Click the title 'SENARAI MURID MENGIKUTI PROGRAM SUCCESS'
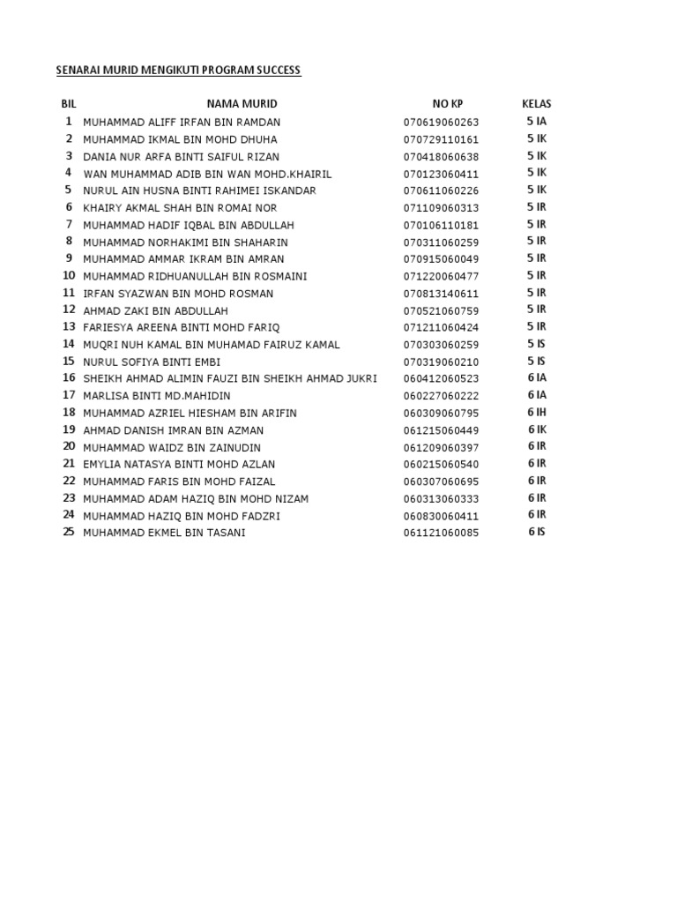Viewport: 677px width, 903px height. click(x=179, y=70)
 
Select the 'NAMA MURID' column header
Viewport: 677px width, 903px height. click(x=242, y=104)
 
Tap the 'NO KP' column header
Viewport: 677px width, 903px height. click(x=447, y=104)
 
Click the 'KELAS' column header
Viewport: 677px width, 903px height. click(x=536, y=104)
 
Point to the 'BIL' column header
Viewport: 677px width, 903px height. click(x=69, y=104)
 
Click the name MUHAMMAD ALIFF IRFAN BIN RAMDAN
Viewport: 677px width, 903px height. click(x=182, y=122)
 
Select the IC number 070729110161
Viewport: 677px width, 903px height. click(x=442, y=139)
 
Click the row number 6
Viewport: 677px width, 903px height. click(x=68, y=207)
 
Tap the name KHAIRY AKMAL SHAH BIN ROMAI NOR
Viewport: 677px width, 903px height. click(x=180, y=208)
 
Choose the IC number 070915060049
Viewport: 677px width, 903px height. click(x=442, y=259)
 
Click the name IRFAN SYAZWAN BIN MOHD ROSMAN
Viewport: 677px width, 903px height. click(x=178, y=294)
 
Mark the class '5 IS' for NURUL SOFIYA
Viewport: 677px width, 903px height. click(x=536, y=362)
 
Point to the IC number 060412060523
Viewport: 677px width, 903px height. click(x=442, y=379)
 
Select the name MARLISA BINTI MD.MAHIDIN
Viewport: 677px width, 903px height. click(x=156, y=396)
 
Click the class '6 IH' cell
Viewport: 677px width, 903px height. click(x=537, y=413)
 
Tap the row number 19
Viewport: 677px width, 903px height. click(x=69, y=429)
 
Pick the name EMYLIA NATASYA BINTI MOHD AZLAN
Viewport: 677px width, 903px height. click(x=179, y=465)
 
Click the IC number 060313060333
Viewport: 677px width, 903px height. click(x=442, y=499)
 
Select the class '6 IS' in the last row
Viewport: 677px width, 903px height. click(x=536, y=533)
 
